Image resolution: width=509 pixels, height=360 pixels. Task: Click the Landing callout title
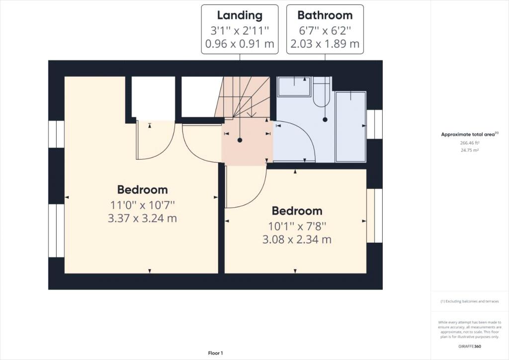coord(240,15)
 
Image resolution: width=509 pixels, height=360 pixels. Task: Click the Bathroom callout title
coord(325,15)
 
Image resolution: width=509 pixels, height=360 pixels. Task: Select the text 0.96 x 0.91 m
coord(240,43)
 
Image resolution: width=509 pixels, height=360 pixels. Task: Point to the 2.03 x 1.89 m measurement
coord(325,43)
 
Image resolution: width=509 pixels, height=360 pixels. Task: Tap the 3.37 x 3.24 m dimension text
coord(142,218)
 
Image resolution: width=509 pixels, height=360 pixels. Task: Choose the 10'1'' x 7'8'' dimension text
coord(297,226)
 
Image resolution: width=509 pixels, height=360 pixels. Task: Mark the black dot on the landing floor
coord(240,140)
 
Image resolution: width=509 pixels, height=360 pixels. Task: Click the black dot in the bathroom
coord(325,119)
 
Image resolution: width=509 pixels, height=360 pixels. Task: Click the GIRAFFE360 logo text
coord(470,347)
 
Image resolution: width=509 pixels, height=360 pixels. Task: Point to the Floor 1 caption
coord(216,353)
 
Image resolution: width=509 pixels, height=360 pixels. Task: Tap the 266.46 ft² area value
coord(470,143)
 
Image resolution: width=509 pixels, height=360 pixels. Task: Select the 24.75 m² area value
coord(470,150)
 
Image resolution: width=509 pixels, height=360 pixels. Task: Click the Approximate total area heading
coord(469,134)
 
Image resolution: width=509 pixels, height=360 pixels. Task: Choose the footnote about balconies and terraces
coord(469,301)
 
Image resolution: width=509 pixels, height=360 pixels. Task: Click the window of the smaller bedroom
coord(375,215)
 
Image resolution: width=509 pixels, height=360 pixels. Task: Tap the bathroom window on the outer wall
coord(375,124)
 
